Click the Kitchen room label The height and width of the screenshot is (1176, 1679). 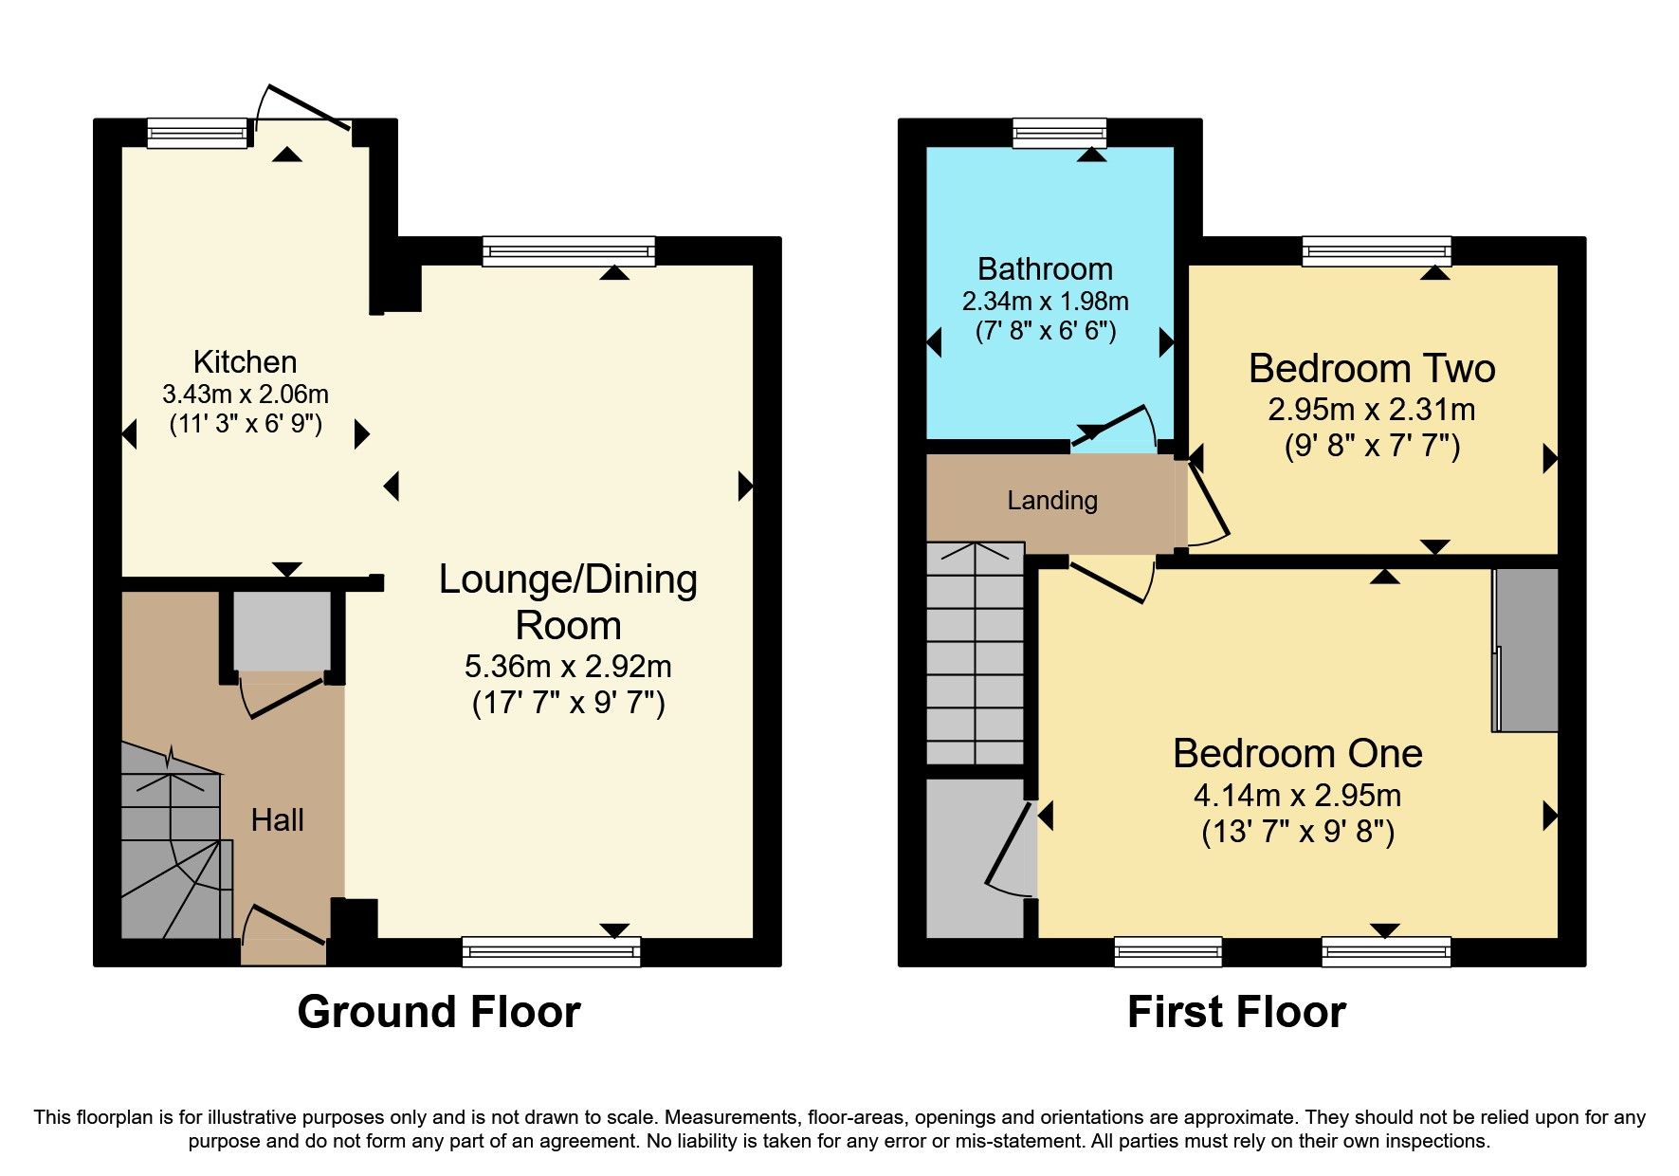[245, 361]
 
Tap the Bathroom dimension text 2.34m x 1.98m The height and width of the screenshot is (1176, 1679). [1045, 302]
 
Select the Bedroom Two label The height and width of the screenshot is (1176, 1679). [1371, 368]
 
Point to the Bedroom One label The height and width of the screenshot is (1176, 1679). [1297, 753]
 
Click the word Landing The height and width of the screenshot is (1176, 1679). [1051, 500]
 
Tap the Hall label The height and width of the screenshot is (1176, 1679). [277, 819]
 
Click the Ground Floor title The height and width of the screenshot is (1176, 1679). [438, 1012]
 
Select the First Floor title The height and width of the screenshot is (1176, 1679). [1235, 1012]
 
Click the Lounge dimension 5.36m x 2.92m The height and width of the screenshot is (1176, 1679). [567, 666]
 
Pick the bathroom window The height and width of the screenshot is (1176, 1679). [1059, 133]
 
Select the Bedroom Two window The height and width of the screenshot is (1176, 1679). [1376, 250]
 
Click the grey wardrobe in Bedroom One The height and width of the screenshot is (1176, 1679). [1525, 650]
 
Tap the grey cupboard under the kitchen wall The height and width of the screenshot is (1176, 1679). [282, 631]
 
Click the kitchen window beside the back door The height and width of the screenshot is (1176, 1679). [197, 133]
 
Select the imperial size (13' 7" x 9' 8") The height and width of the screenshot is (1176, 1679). [1297, 832]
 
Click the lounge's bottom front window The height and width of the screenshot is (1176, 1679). [551, 951]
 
